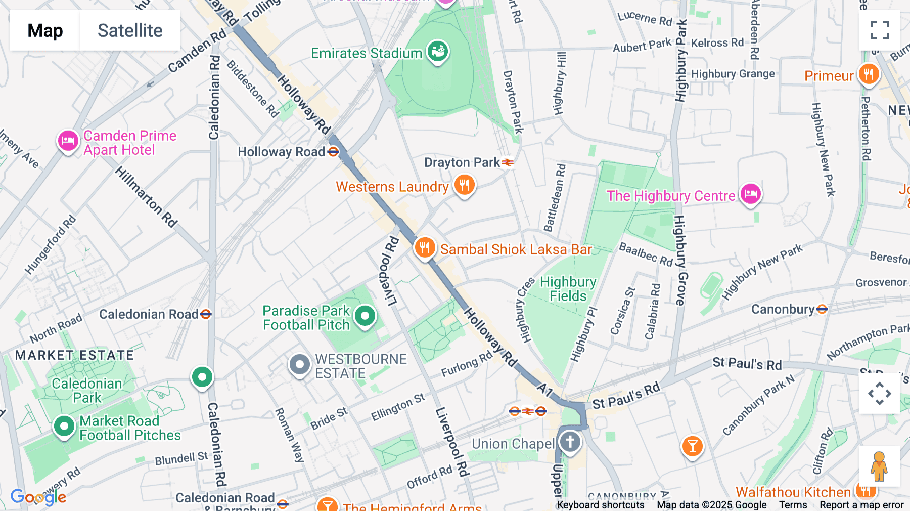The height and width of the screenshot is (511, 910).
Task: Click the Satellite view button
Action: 130,30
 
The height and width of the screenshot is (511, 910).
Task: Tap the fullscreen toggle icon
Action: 879,30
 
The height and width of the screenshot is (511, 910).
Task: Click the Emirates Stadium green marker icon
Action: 438,51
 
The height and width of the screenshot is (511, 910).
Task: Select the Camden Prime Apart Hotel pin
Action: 68,141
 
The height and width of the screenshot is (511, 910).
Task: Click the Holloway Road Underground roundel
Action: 333,152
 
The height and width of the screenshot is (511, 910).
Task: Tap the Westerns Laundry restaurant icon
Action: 464,185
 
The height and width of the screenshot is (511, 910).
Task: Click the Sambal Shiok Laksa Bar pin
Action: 425,248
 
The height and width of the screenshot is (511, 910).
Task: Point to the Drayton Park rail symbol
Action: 508,162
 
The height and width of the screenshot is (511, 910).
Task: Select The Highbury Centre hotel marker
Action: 750,194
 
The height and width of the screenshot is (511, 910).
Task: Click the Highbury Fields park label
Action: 568,289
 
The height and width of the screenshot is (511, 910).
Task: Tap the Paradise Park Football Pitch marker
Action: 365,317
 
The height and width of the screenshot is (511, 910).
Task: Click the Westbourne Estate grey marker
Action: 299,364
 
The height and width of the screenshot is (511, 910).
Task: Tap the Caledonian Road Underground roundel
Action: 205,314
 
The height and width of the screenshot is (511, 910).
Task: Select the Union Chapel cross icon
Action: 570,442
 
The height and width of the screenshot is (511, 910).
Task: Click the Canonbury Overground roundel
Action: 822,309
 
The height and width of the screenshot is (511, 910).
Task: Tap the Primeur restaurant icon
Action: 868,74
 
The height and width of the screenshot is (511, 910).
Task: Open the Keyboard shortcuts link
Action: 600,504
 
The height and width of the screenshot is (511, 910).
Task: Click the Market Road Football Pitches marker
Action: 64,427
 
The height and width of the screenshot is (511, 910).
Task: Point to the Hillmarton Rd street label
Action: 146,197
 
